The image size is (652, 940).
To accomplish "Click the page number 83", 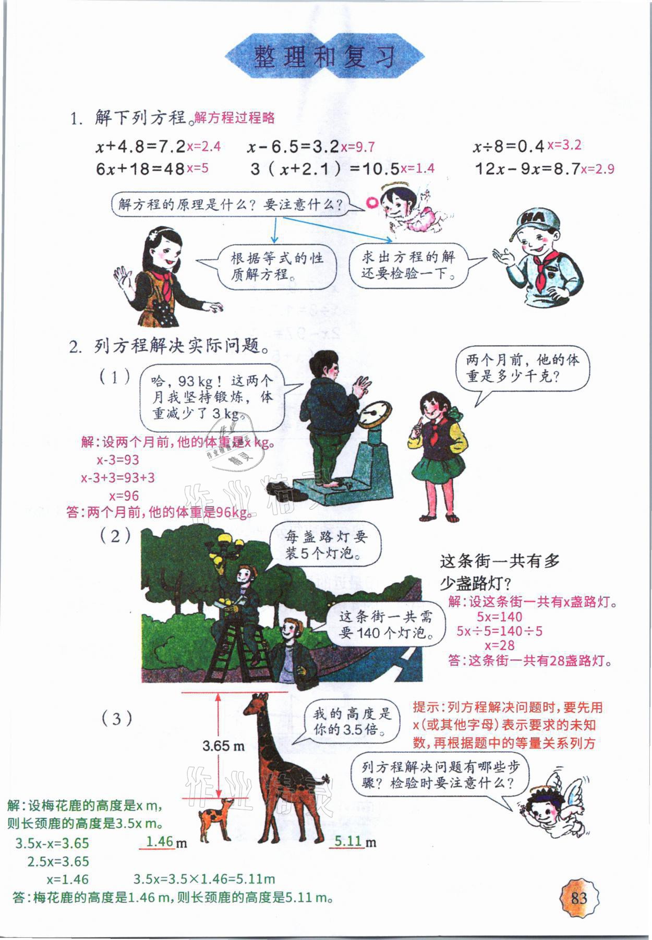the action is (579, 897).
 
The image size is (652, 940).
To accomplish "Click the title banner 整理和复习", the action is (324, 56).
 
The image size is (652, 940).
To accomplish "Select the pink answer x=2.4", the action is (203, 147).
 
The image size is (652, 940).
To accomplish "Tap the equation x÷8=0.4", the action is (509, 147).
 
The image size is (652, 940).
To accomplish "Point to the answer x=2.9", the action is (597, 169).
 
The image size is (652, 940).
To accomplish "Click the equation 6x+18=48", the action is (140, 169).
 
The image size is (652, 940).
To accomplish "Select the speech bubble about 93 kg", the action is (213, 397).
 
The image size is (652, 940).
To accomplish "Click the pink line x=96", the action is (124, 496).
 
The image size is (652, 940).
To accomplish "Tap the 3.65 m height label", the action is (224, 746).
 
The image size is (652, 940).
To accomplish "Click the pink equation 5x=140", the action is (499, 616).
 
